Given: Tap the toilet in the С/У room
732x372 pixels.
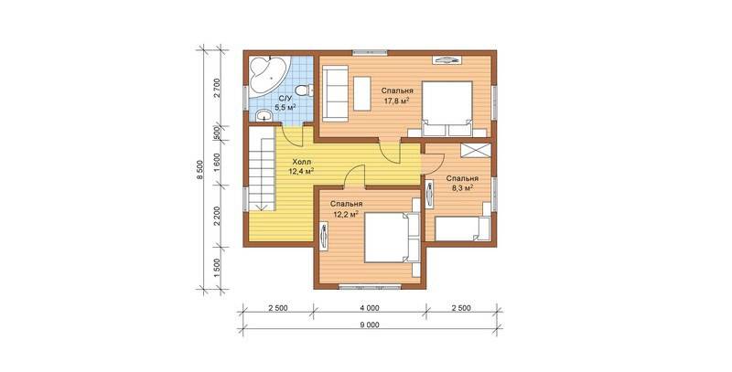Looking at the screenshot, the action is point(306,90).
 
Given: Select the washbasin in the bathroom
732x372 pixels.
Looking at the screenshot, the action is point(265,115).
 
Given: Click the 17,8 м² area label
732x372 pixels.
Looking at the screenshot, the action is point(396,100).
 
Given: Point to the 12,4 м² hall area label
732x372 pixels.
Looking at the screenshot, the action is point(301,171).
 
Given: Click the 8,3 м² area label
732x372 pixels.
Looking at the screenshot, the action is point(462,188).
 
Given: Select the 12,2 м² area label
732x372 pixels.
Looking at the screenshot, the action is point(346,215).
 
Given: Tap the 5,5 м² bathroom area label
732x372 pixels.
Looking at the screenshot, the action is point(285,108).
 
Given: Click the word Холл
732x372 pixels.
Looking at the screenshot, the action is point(301,162).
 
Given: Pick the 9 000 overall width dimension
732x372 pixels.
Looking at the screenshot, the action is point(370,324).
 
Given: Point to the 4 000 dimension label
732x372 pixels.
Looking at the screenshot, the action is point(370,308).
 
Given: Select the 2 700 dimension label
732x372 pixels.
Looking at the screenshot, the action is point(217,87).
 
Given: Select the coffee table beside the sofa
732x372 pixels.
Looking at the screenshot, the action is point(361,94).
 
